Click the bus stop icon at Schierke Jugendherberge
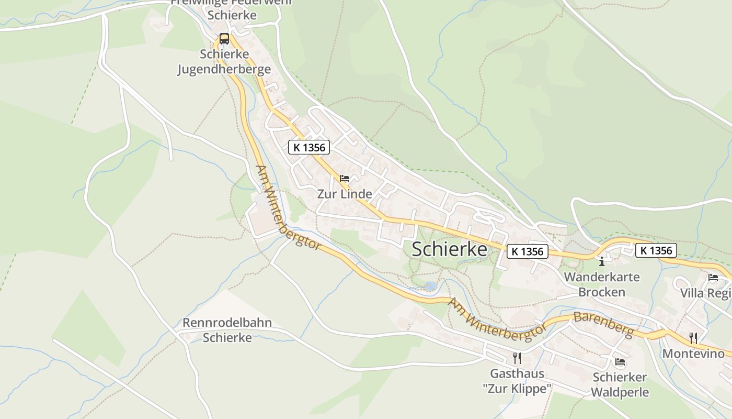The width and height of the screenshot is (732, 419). point(224,38)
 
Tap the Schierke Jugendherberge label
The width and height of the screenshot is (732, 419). point(224,62)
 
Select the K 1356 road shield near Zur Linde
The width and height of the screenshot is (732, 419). point(310,147)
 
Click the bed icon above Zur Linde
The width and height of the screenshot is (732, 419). point(345,179)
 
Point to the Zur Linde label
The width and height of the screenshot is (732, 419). point(345,194)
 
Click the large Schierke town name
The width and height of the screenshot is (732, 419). point(449,250)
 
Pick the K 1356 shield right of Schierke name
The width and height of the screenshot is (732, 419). point(528,251)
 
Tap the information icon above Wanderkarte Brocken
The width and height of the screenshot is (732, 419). point(602,261)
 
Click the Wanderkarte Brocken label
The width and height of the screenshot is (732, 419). point(601,284)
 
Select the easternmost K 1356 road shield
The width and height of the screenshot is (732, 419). point(656,250)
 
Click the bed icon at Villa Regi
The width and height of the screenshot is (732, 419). point(713,278)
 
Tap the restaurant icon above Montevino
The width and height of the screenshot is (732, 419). point(693,338)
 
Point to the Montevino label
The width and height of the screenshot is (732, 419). point(693,354)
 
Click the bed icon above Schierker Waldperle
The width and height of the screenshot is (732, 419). point(620,361)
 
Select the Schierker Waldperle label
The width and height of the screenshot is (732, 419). point(620,385)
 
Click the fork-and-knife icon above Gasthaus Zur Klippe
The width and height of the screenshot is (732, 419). point(517,358)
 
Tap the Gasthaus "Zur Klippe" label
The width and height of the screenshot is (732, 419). point(517,381)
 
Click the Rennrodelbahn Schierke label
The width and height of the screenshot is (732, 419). point(227,330)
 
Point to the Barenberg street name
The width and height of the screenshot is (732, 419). point(603,325)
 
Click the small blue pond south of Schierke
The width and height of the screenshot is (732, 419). point(430,286)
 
